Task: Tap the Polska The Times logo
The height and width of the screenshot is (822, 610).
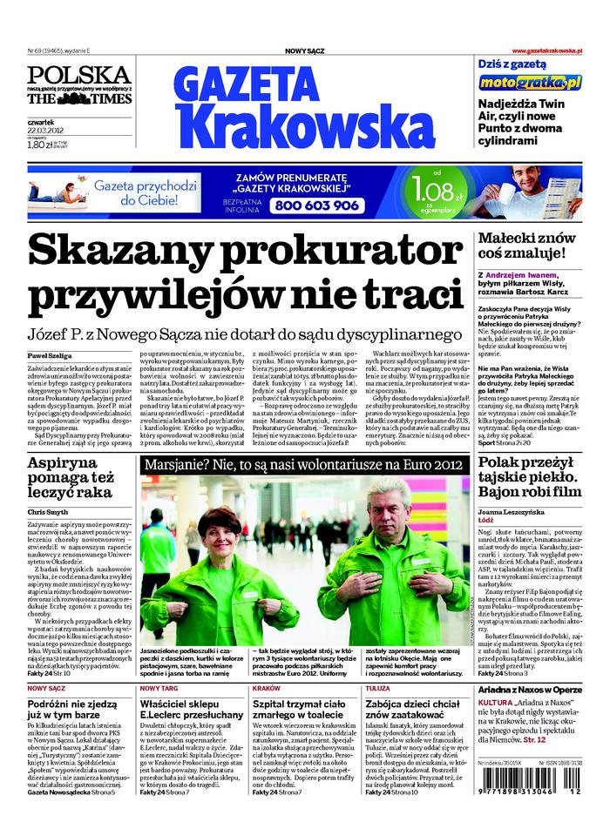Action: coord(79,86)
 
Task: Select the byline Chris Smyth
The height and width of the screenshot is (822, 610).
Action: coord(48,512)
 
